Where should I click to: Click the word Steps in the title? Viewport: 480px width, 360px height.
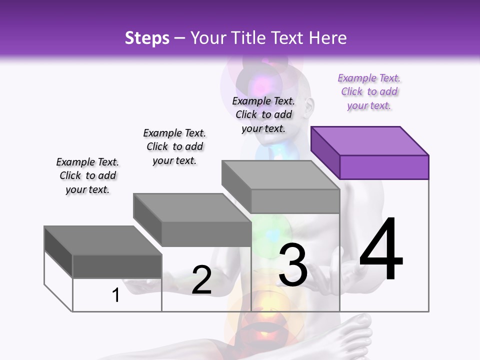(147, 38)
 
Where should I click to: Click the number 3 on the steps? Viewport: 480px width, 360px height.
(293, 265)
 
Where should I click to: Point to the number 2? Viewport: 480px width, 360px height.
(201, 280)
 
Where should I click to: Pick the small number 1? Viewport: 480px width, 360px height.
(116, 295)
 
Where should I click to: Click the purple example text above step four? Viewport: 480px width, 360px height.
(369, 92)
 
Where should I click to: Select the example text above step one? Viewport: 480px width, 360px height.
(87, 176)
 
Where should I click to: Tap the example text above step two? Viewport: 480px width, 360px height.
(174, 147)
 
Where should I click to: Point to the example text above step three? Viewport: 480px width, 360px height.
(263, 115)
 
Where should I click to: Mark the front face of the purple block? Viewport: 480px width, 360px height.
(384, 167)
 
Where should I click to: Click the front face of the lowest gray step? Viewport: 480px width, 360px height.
(117, 266)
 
